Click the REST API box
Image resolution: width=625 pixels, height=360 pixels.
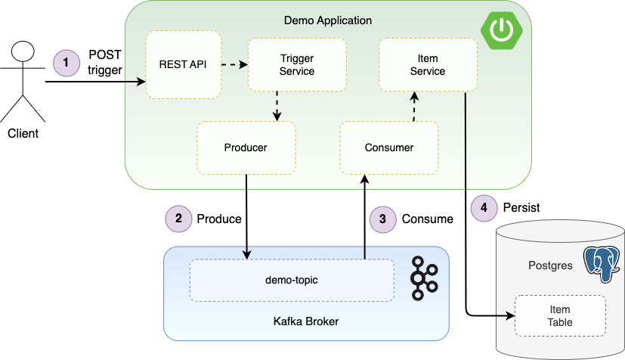[184, 64]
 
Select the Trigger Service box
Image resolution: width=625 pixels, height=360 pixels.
[297, 64]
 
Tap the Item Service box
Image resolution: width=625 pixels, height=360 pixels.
[428, 64]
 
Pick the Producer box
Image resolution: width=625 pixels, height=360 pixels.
[246, 148]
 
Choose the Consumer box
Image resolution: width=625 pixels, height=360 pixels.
[389, 148]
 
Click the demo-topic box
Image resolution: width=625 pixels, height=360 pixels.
[292, 281]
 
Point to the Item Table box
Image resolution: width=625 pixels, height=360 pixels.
[560, 315]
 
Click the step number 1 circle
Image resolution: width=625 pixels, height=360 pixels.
[67, 63]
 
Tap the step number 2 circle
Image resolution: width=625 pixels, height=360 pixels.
[179, 219]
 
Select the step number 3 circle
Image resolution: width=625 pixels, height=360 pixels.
[383, 219]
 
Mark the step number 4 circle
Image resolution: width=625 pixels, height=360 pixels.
[484, 208]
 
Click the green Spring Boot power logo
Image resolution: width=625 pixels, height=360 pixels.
[501, 30]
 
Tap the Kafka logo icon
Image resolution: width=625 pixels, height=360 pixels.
[424, 278]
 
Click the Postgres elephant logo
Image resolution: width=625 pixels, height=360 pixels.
[602, 264]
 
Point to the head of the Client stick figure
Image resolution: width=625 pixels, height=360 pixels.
[23, 51]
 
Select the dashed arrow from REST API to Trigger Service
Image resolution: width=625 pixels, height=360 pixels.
[235, 64]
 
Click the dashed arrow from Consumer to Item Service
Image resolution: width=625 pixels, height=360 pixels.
[415, 107]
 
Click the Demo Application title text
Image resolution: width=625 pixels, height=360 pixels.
[328, 20]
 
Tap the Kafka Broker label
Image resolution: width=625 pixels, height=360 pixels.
[306, 321]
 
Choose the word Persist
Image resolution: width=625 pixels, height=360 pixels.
[521, 208]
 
